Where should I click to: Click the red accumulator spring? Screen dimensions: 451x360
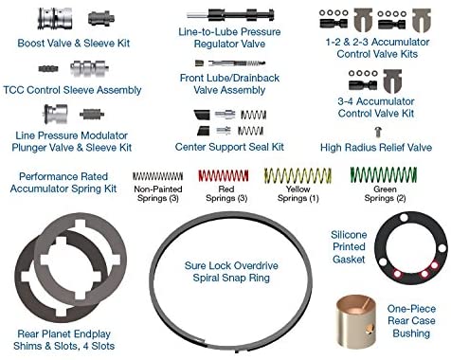click(x=224, y=176)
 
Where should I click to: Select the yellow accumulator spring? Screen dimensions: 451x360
click(x=298, y=175)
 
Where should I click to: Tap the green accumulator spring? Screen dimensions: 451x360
click(x=384, y=174)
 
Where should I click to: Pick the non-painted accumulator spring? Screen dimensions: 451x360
click(x=157, y=176)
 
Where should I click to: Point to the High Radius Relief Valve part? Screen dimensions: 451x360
click(x=378, y=132)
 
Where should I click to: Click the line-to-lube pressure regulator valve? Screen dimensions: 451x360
click(x=230, y=14)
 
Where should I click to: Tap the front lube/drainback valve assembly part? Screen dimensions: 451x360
click(x=230, y=63)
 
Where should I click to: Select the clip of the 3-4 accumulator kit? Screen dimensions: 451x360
click(x=392, y=81)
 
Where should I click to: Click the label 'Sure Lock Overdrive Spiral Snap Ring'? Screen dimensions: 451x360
click(x=231, y=272)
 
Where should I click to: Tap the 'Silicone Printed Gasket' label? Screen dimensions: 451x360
click(x=349, y=247)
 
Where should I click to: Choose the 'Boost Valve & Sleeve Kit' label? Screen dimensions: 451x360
click(x=74, y=44)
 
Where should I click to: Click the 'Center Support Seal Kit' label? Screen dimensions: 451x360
click(x=229, y=147)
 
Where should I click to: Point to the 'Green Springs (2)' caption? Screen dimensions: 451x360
click(x=385, y=193)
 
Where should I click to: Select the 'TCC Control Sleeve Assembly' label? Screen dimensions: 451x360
click(x=72, y=90)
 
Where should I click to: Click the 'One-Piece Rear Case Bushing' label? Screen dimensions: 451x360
click(x=411, y=320)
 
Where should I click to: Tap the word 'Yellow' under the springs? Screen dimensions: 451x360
click(x=298, y=189)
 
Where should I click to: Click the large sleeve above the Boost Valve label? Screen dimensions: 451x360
click(x=55, y=18)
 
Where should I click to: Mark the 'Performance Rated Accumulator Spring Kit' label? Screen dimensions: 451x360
click(x=63, y=183)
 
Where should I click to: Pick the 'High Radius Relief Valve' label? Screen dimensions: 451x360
click(x=376, y=148)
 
